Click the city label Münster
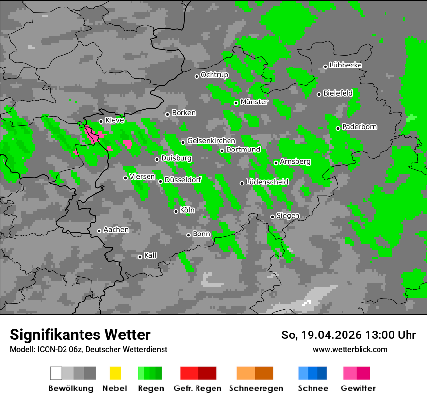(x=254, y=102)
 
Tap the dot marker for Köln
(x=176, y=211)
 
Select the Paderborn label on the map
(x=360, y=127)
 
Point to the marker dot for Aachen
(x=99, y=231)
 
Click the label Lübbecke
(x=346, y=65)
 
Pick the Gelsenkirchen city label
(x=211, y=141)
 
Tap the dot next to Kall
(x=140, y=257)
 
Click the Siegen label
(x=288, y=216)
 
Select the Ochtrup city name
(x=214, y=75)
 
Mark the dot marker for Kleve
(x=101, y=121)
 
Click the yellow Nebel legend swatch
(x=115, y=373)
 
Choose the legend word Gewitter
(x=358, y=388)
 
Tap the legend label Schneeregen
(x=255, y=388)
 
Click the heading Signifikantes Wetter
(x=81, y=335)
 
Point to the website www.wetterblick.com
(x=350, y=349)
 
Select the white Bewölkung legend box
(x=56, y=373)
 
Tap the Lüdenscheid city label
(x=267, y=182)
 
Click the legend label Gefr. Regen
(x=197, y=388)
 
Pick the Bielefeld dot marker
(x=319, y=94)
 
